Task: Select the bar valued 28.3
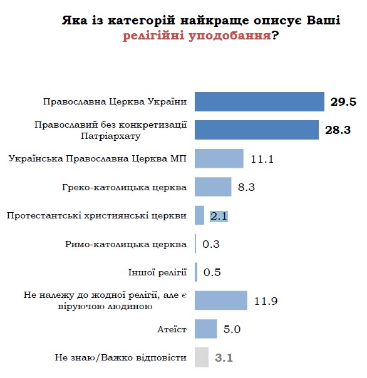click(x=257, y=130)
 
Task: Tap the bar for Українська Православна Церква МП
click(x=219, y=158)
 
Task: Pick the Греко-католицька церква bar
click(x=214, y=186)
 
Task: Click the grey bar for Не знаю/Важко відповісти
click(x=202, y=357)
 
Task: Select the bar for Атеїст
click(x=206, y=329)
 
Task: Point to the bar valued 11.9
click(x=221, y=300)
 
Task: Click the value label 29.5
click(x=343, y=101)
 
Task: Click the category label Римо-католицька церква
click(x=125, y=244)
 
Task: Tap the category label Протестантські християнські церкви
click(x=96, y=215)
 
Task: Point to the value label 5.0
click(x=232, y=329)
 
